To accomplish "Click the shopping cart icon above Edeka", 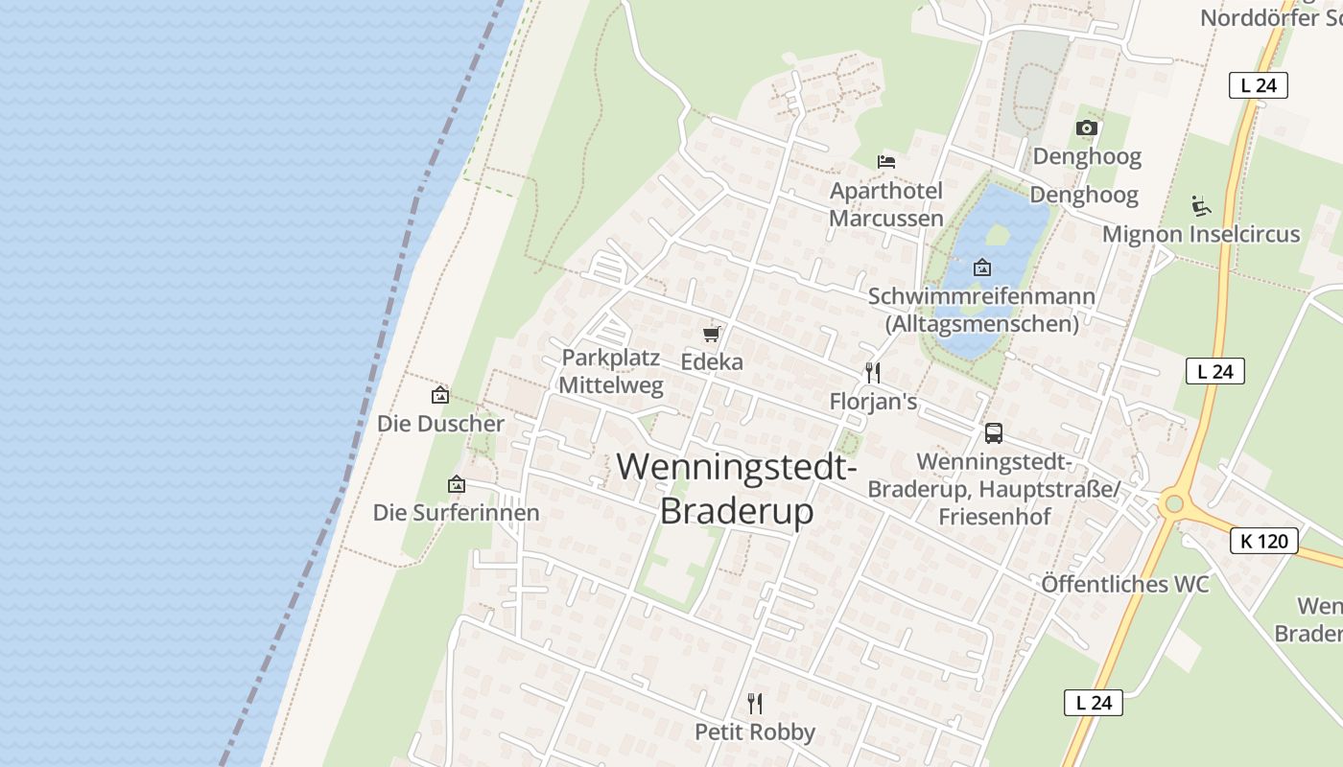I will click(711, 334).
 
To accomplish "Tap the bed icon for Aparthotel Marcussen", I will click(886, 161).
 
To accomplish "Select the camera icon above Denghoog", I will click(1086, 128).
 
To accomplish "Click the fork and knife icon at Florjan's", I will click(872, 372).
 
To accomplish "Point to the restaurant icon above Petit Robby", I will click(755, 704).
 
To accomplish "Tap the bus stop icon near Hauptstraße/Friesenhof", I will click(994, 432).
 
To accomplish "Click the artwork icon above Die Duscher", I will click(440, 394).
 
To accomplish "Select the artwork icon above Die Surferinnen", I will click(457, 484).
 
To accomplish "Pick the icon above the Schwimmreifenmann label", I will click(982, 267).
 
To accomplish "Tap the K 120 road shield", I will click(1263, 541).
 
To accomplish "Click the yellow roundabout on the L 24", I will click(1171, 503).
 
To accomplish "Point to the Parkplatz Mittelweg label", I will click(612, 372).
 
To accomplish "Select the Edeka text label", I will click(712, 361).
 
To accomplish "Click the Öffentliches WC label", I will click(1125, 584).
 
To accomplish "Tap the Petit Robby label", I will click(755, 732).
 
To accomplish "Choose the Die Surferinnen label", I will click(457, 513).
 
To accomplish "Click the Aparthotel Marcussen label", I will click(886, 204).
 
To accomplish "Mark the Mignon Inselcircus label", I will click(1201, 234).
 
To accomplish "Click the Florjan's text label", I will click(873, 401).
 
